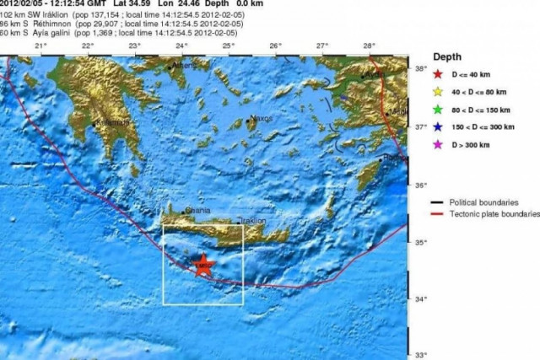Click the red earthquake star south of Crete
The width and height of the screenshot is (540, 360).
point(202,265)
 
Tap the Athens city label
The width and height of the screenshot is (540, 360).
point(182,65)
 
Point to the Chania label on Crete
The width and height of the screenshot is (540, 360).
point(197,211)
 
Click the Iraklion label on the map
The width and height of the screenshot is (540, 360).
point(252,220)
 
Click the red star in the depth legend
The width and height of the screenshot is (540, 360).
point(438,75)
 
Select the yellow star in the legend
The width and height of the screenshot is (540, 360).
point(438,92)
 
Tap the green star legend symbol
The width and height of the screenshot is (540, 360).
point(438,110)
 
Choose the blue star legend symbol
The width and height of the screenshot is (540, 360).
point(438,127)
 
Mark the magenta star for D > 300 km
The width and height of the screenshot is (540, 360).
point(438,145)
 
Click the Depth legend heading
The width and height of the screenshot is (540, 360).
point(447,56)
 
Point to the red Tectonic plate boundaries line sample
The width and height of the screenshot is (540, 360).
point(438,215)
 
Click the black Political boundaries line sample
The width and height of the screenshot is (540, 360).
point(438,202)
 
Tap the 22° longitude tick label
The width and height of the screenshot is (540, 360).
point(87,44)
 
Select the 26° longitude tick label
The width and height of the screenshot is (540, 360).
point(275,44)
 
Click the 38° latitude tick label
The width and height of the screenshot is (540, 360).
point(418,69)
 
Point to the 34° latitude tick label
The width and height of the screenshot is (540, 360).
point(418,298)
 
